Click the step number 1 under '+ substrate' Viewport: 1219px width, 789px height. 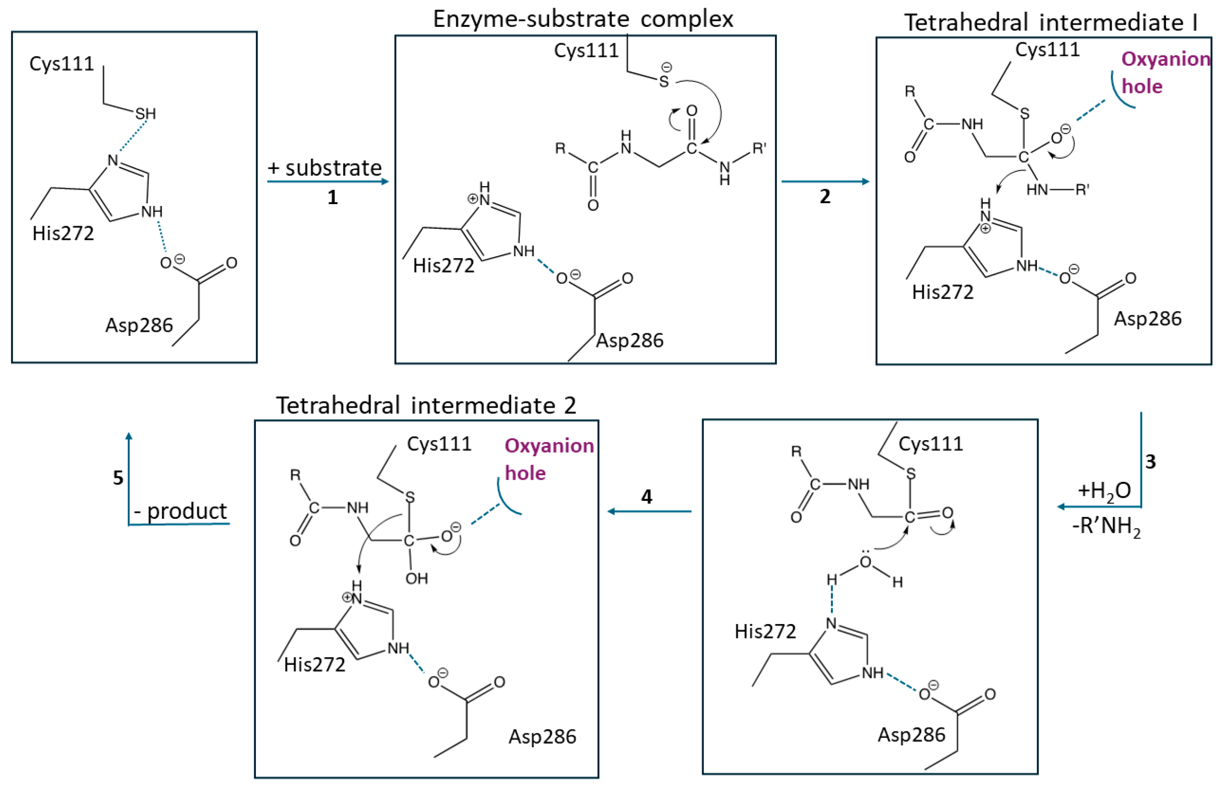332,197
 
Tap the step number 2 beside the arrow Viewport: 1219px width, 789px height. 825,196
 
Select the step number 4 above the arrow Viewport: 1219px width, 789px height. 647,496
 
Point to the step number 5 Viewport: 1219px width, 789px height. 118,478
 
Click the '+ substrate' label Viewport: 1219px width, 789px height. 325,168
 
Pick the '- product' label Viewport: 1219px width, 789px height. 180,511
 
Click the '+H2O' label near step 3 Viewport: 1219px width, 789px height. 1104,490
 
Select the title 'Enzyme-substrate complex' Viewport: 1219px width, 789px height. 583,19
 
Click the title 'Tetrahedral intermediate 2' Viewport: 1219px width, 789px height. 426,405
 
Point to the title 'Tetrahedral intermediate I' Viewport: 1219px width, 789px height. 1050,22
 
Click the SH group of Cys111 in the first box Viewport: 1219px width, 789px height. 145,114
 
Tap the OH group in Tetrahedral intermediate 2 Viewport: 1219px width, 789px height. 417,579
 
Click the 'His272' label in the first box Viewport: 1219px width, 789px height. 63,233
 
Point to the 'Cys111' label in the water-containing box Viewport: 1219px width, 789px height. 931,443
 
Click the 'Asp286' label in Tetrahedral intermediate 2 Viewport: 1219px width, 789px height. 542,736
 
